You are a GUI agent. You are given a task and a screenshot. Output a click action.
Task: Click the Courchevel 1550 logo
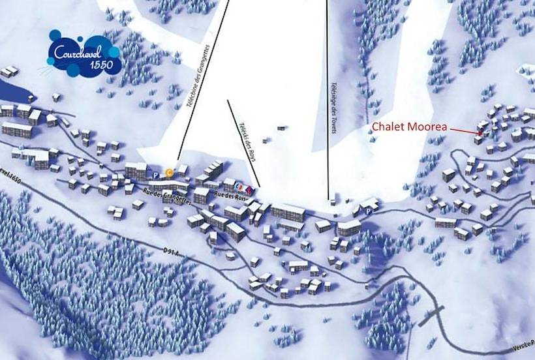(x=84, y=53)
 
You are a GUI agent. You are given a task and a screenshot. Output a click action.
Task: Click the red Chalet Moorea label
(x=409, y=127)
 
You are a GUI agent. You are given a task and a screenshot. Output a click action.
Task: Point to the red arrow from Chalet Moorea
(x=465, y=131)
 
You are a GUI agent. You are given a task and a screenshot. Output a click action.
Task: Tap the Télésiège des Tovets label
(x=333, y=107)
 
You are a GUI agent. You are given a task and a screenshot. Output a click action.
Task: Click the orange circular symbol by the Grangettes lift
(x=169, y=173)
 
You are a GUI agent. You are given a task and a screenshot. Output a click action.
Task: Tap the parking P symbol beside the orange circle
(x=156, y=175)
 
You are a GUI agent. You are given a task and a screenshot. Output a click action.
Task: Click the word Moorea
(x=428, y=127)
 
